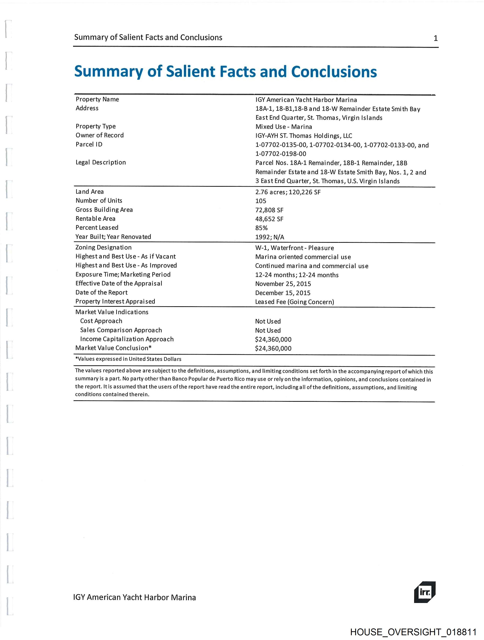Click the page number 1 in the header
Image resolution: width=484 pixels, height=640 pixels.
coord(435,38)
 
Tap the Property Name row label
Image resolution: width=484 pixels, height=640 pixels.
coord(97,99)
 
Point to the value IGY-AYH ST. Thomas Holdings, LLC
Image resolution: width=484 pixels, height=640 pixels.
coord(303,136)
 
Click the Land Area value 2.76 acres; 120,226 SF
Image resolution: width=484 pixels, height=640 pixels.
coord(288,192)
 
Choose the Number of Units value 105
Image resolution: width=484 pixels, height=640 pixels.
coord(260,201)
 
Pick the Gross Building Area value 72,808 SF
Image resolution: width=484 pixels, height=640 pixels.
coord(269,210)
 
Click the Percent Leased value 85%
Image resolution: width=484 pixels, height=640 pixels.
coord(261,228)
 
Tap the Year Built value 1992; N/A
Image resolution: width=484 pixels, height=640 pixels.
coord(270,237)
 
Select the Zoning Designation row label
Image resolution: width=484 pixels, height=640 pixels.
coord(103,247)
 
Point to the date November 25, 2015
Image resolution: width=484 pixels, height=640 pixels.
coord(283,284)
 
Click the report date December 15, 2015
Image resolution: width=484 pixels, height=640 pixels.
coord(282,293)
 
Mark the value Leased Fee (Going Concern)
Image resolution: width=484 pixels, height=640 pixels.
coord(294,302)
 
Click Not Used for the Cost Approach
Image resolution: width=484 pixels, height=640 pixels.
coord(268,321)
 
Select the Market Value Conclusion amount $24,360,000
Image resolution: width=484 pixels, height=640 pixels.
coord(273,348)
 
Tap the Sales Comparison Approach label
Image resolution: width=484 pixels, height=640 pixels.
coord(121,330)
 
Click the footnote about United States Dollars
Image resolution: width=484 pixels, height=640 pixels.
coord(128,359)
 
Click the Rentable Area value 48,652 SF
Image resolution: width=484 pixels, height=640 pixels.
coord(269,219)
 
